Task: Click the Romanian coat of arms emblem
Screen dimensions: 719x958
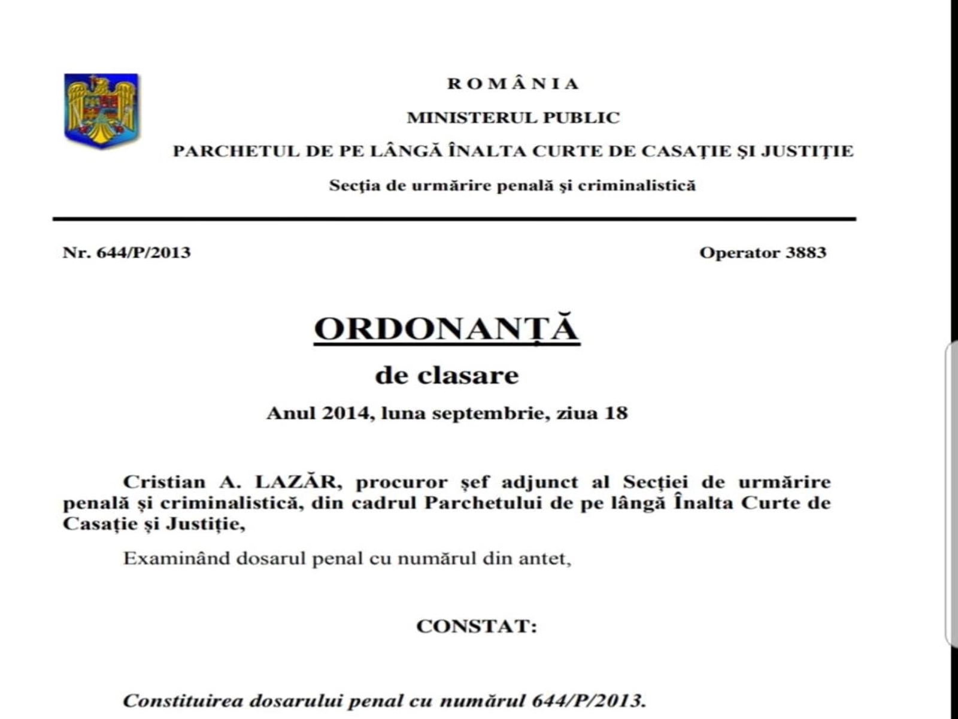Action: tap(101, 111)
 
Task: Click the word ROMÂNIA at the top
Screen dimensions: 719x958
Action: tap(513, 84)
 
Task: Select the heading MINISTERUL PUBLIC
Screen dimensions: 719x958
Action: tap(513, 117)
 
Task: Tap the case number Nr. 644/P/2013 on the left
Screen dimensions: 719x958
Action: tap(126, 252)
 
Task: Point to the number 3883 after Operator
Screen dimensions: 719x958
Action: tap(806, 252)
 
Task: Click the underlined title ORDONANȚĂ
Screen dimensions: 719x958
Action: tap(447, 329)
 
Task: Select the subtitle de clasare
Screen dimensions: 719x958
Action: tap(447, 376)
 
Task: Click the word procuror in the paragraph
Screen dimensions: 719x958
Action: tap(401, 482)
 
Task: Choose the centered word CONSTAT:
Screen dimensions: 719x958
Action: tap(477, 626)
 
